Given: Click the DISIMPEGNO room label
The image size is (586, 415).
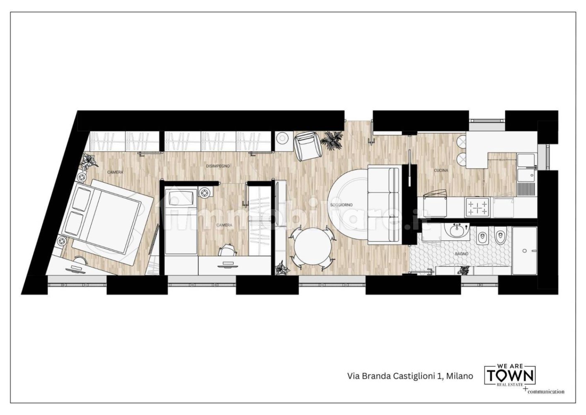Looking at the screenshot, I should [218, 166].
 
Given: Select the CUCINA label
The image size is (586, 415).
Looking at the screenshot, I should [441, 170].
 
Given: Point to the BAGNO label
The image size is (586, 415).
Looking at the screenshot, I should [461, 253].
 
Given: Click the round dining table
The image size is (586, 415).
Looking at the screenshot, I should [313, 248].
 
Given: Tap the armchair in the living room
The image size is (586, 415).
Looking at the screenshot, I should [307, 145].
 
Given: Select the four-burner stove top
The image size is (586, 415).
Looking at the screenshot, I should [477, 207].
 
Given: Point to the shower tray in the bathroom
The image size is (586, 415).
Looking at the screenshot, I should [524, 251].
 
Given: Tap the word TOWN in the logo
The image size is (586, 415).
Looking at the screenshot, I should [511, 376].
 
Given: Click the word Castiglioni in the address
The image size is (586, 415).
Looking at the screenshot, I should [412, 376].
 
